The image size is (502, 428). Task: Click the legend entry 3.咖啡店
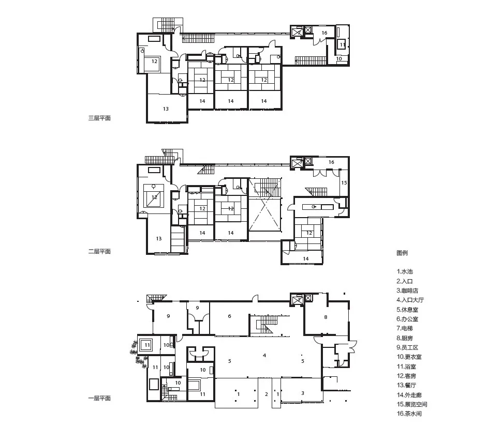tap(407, 291)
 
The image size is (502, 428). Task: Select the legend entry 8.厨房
tap(405, 338)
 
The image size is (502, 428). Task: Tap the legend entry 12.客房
tap(407, 376)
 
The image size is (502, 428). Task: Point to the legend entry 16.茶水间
tap(409, 414)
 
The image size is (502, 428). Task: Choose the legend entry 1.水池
tap(405, 271)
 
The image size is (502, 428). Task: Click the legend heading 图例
tap(402, 253)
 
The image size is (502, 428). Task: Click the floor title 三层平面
tap(99, 118)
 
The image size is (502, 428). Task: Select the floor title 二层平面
tap(99, 251)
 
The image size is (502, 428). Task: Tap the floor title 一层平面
tap(99, 398)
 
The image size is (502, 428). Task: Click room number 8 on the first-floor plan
tap(326, 317)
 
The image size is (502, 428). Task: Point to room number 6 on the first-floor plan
tap(230, 316)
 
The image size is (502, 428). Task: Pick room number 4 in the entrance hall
tap(264, 355)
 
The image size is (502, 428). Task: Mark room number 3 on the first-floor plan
tap(303, 393)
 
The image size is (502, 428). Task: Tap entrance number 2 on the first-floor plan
tap(267, 394)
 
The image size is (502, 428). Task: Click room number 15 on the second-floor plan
tap(344, 182)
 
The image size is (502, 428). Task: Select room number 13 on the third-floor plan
tap(166, 109)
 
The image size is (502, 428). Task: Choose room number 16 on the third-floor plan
tap(324, 33)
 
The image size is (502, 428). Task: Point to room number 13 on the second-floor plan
tap(159, 238)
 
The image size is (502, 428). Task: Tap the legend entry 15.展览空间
tap(412, 404)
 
